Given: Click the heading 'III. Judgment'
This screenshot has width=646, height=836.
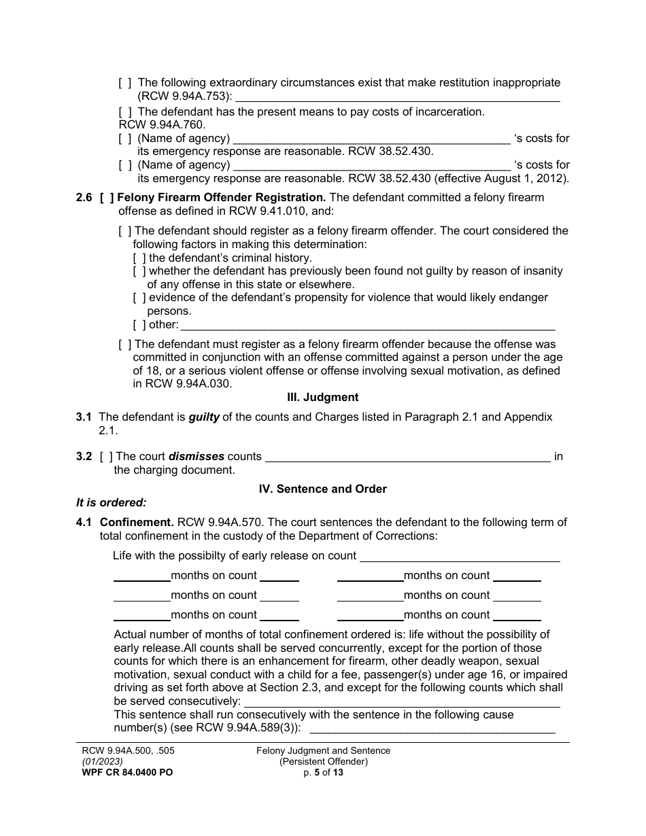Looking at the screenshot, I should (322, 397).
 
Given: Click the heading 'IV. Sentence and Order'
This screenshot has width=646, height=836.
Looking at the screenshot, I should (322, 489).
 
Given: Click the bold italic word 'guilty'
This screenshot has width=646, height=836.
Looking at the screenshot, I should (204, 417).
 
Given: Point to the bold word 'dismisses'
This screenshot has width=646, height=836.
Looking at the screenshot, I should (197, 456).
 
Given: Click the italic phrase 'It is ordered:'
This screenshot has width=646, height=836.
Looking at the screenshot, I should (112, 503).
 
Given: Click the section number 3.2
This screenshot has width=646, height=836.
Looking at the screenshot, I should (84, 456).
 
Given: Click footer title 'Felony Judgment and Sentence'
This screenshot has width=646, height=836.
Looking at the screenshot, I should (323, 750).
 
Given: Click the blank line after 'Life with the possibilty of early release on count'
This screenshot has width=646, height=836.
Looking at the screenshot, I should (460, 557).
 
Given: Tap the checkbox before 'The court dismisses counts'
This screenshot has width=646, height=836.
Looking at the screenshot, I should (105, 456).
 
